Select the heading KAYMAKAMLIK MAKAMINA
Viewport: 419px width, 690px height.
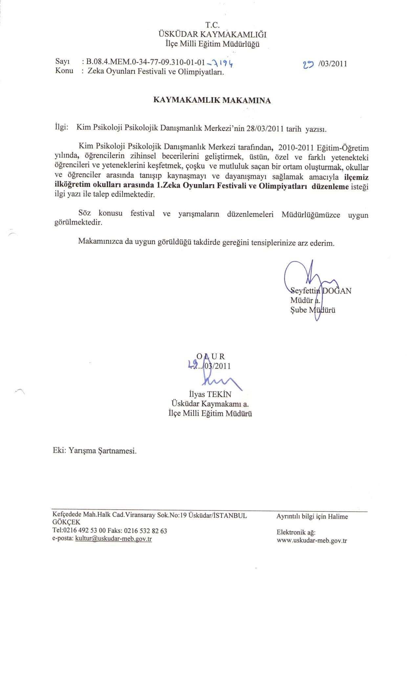pyautogui.click(x=212, y=100)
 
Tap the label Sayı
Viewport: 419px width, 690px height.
pyautogui.click(x=61, y=61)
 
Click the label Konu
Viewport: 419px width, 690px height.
pyautogui.click(x=64, y=71)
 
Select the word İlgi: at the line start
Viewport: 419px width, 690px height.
pyautogui.click(x=61, y=127)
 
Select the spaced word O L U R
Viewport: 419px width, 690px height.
pyautogui.click(x=210, y=356)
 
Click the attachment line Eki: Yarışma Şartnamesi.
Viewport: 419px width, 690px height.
pyautogui.click(x=95, y=451)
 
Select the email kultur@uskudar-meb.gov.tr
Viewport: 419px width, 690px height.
pyautogui.click(x=113, y=539)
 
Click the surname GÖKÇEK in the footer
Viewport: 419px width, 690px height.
pyautogui.click(x=66, y=522)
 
